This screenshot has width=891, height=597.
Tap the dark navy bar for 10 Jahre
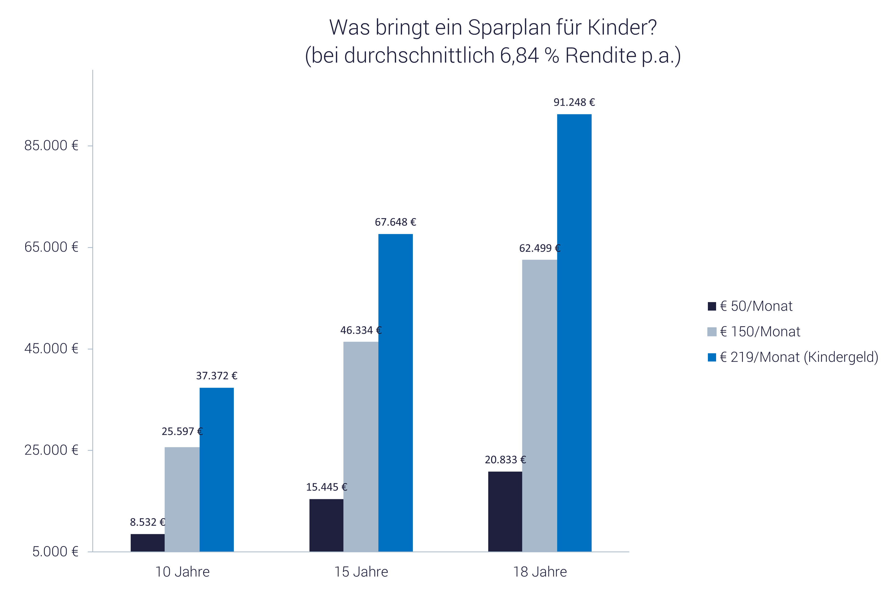[x=147, y=542]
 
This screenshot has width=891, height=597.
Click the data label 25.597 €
[x=182, y=432]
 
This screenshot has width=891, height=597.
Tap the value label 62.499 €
[x=539, y=249]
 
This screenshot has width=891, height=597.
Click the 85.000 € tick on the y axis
[x=51, y=146]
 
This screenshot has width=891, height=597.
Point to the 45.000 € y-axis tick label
[x=51, y=349]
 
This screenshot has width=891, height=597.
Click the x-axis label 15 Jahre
[x=361, y=572]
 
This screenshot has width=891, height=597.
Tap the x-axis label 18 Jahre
[x=540, y=572]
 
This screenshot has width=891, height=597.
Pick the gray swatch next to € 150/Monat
[x=711, y=332]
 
